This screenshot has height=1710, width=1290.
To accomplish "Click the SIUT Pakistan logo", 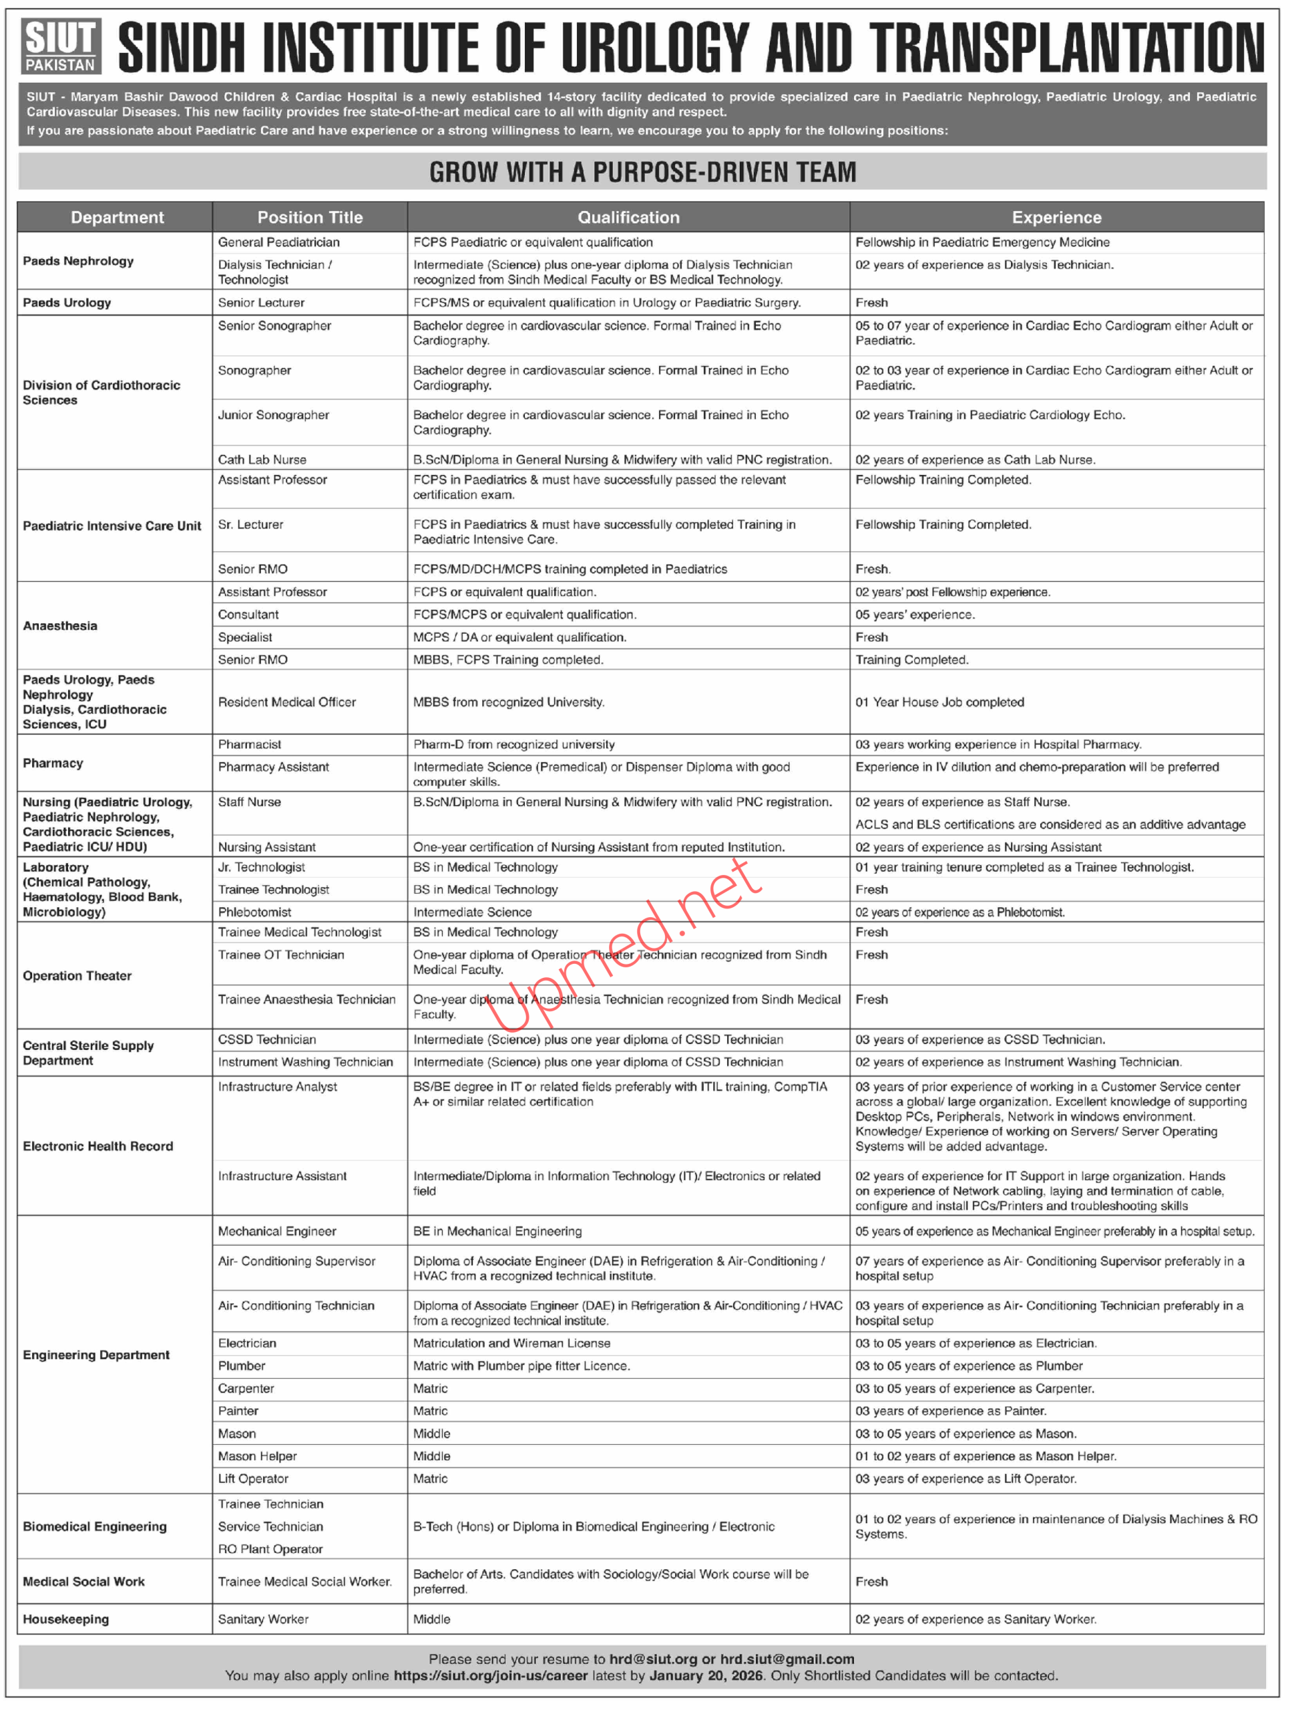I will pos(60,46).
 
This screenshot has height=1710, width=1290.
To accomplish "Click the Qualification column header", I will pos(628,217).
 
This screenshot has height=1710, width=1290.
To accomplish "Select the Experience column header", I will pos(1056,217).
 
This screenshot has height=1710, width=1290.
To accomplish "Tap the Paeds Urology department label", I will pos(67,303).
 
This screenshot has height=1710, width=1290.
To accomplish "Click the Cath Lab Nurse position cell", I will pos(262,459).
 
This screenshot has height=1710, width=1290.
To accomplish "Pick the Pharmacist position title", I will pos(250,743).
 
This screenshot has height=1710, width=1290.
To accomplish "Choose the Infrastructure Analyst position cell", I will pos(278,1086).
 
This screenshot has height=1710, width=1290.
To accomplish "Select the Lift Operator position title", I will pos(253,1478).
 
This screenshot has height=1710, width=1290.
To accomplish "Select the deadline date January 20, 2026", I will pos(706,1675).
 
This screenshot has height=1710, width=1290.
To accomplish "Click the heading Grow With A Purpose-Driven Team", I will pos(642,172).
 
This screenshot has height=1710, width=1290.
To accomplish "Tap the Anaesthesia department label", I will pos(60,625).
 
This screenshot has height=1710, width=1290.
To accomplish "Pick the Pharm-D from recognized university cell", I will pos(514,743).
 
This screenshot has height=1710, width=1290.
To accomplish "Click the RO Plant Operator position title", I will pos(270,1548).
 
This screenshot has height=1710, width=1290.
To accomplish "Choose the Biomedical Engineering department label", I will pos(95,1526).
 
